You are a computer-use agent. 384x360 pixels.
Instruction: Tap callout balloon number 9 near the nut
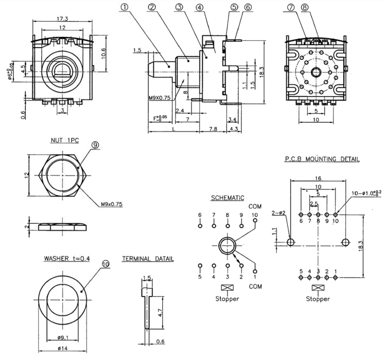(x=95, y=145)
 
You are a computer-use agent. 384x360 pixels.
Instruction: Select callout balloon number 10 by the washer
(x=105, y=262)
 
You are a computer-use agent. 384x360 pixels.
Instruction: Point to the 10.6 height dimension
(x=103, y=53)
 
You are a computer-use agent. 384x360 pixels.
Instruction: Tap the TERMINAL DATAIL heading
(x=147, y=259)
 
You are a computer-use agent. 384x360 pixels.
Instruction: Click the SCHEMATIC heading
(x=228, y=198)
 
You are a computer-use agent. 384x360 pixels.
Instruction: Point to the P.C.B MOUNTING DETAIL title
(x=322, y=159)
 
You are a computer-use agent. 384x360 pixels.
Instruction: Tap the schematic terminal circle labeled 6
(x=200, y=224)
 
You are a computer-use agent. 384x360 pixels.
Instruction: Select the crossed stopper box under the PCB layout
(x=318, y=287)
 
